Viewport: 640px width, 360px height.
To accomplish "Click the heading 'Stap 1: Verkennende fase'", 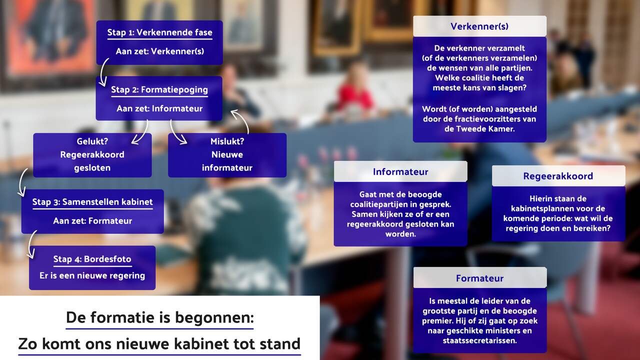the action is pyautogui.click(x=159, y=32).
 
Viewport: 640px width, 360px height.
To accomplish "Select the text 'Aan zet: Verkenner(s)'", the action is pyautogui.click(x=159, y=51).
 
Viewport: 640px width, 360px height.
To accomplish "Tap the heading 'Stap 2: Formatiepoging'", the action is pyautogui.click(x=159, y=89).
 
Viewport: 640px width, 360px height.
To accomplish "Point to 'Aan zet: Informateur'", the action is pyautogui.click(x=159, y=108).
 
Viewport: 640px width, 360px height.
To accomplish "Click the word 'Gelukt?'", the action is pyautogui.click(x=92, y=141).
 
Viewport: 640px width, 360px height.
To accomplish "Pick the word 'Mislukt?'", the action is pyautogui.click(x=227, y=141).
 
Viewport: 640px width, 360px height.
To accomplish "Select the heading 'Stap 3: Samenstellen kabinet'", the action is pyautogui.click(x=92, y=202).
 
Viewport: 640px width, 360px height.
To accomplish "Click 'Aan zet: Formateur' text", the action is pyautogui.click(x=92, y=221).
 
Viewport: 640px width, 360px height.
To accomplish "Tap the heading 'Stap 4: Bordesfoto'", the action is pyautogui.click(x=92, y=259).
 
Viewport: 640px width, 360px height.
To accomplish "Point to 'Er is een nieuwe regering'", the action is pyautogui.click(x=92, y=275).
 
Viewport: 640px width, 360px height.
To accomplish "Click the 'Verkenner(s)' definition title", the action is pyautogui.click(x=479, y=26).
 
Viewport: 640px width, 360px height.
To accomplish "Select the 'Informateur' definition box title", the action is pyautogui.click(x=400, y=171).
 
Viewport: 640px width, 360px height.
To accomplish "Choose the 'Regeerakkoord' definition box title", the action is pyautogui.click(x=558, y=176).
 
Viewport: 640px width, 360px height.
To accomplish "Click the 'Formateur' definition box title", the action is pyautogui.click(x=479, y=278).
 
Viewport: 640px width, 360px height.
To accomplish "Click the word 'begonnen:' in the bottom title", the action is pyautogui.click(x=214, y=318).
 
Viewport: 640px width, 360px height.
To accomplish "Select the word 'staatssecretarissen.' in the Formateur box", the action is pyautogui.click(x=479, y=340).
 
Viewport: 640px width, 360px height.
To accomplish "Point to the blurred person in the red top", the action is pyautogui.click(x=355, y=91).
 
